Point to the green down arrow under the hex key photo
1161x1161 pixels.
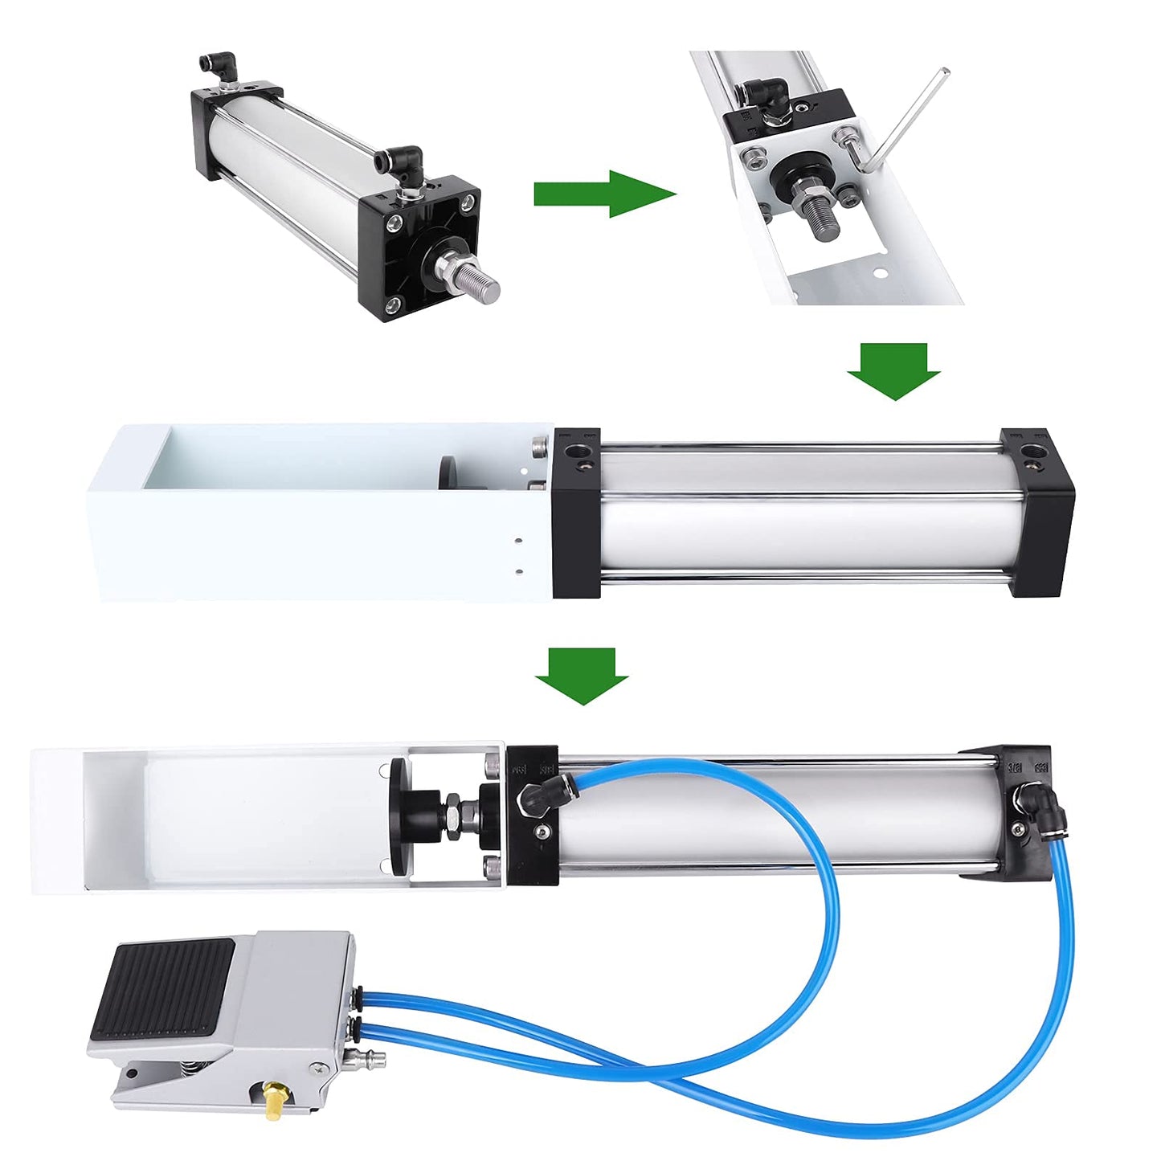pos(893,370)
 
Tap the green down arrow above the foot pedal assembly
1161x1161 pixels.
pos(582,675)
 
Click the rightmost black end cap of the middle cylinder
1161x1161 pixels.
pos(1038,512)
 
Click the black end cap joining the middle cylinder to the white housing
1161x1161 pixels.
pos(576,513)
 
